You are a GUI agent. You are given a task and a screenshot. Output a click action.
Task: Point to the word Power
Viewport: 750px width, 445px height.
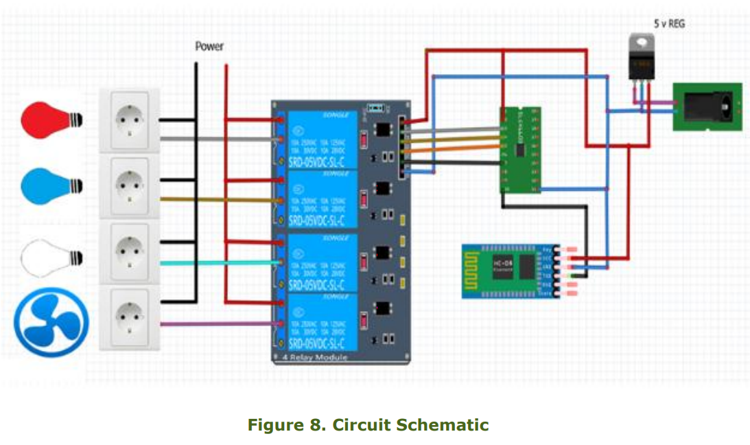pyautogui.click(x=209, y=47)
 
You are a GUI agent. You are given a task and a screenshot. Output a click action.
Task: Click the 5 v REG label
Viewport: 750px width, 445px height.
pyautogui.click(x=669, y=23)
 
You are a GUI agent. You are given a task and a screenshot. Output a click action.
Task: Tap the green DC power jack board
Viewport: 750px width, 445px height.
pyautogui.click(x=707, y=107)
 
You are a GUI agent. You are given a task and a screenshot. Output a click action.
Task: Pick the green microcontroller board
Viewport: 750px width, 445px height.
pyautogui.click(x=519, y=148)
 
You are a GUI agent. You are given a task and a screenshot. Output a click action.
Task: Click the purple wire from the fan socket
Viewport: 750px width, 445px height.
pyautogui.click(x=220, y=323)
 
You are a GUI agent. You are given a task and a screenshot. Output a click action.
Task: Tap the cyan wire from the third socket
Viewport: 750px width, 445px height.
pyautogui.click(x=220, y=263)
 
